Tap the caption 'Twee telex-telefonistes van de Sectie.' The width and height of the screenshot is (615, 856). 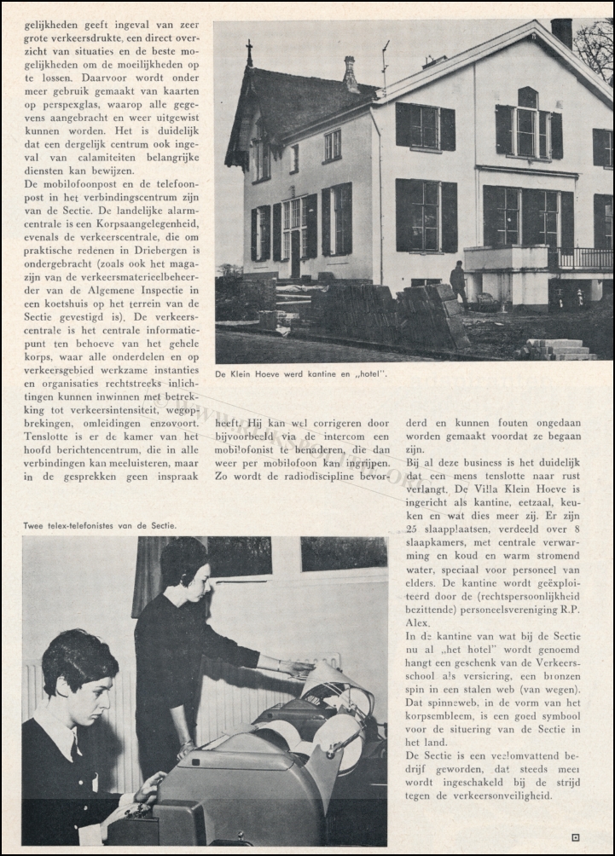pyautogui.click(x=100, y=526)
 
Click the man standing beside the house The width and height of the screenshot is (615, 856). pyautogui.click(x=458, y=281)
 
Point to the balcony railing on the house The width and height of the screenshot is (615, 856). pyautogui.click(x=583, y=257)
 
